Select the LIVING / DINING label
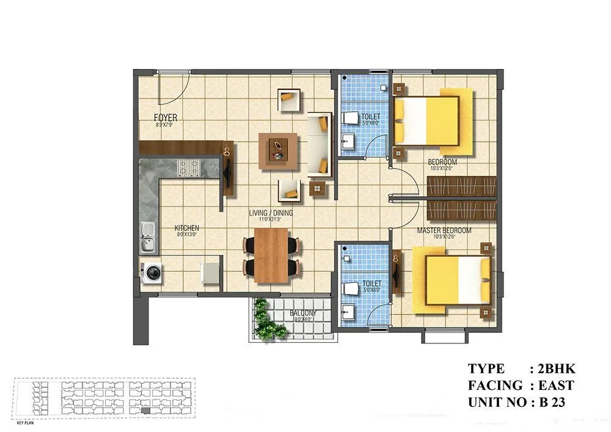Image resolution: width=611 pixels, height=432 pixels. click(271, 213)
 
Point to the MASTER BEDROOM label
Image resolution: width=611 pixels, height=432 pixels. click(444, 230)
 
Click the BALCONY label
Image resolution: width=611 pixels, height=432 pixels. click(303, 313)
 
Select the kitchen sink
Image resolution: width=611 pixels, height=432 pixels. click(147, 237)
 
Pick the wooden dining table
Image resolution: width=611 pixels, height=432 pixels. click(271, 255)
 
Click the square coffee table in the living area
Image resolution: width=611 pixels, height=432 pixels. click(279, 150)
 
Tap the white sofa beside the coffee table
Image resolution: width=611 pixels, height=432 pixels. click(318, 144)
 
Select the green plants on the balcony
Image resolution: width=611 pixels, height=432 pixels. click(267, 320)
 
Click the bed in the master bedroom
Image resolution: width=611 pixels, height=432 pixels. click(456, 280)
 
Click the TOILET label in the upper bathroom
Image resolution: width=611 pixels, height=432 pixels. click(371, 116)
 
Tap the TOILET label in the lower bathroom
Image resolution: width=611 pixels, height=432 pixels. click(371, 284)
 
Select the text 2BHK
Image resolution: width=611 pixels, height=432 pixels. click(554, 368)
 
